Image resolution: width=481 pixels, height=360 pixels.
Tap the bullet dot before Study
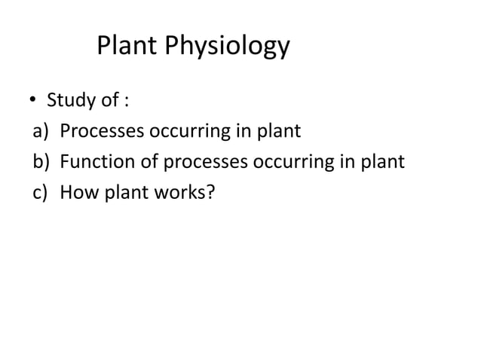(x=33, y=102)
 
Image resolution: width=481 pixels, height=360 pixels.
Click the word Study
(x=69, y=101)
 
